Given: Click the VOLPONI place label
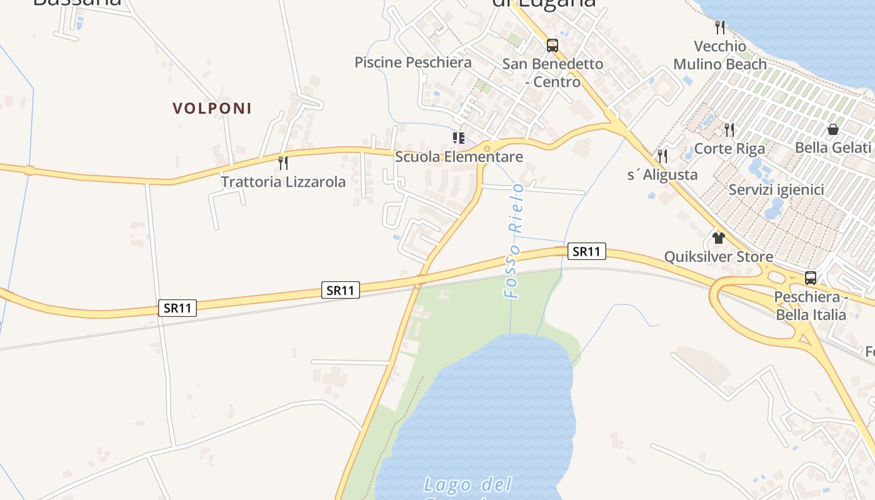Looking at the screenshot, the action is pyautogui.click(x=212, y=108).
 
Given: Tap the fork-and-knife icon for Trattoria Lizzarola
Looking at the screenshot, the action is pyautogui.click(x=283, y=163).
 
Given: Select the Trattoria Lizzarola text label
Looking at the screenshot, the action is pyautogui.click(x=283, y=182).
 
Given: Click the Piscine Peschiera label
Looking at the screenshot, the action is pyautogui.click(x=412, y=62).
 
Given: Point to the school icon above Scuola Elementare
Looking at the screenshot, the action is pyautogui.click(x=459, y=138).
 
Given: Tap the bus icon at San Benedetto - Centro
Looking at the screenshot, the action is pyautogui.click(x=552, y=45).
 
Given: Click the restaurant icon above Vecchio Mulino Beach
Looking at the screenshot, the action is pyautogui.click(x=719, y=27).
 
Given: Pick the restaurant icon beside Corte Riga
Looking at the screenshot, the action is pyautogui.click(x=729, y=130).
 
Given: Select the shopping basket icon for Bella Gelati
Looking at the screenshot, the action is pyautogui.click(x=832, y=129).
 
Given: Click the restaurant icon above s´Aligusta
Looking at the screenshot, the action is pyautogui.click(x=662, y=156).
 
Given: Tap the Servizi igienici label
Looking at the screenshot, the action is pyautogui.click(x=776, y=189).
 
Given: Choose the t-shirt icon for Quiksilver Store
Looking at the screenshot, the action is pyautogui.click(x=718, y=238).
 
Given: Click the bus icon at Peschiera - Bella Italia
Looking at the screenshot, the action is pyautogui.click(x=810, y=278).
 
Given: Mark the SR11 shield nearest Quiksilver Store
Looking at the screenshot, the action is pyautogui.click(x=587, y=251).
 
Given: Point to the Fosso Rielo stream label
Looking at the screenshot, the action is pyautogui.click(x=514, y=241).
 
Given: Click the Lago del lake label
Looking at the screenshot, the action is pyautogui.click(x=467, y=484).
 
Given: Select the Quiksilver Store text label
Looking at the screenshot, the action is pyautogui.click(x=718, y=257).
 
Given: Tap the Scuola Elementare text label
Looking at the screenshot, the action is pyautogui.click(x=459, y=156).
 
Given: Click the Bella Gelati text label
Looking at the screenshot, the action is pyautogui.click(x=832, y=147).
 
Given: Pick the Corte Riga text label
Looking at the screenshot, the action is pyautogui.click(x=729, y=149).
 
